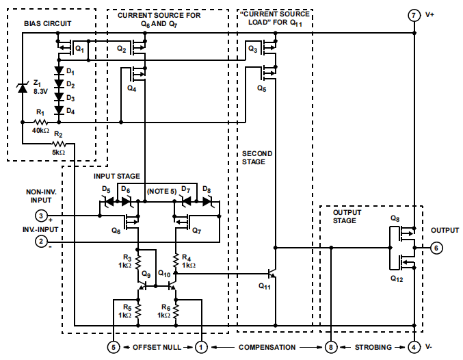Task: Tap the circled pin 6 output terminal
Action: tap(437, 248)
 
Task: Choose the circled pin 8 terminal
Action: tap(331, 347)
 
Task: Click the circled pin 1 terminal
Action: tap(202, 347)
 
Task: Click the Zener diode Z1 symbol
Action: tap(22, 87)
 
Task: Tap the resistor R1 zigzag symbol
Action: tap(40, 123)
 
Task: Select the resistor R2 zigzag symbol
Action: tap(59, 144)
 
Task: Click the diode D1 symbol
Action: tap(59, 71)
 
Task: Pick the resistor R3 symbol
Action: tap(138, 261)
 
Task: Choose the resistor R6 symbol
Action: tap(176, 312)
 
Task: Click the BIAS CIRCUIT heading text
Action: tap(48, 23)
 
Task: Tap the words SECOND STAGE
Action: tap(258, 157)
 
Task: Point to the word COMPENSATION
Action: tap(267, 348)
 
